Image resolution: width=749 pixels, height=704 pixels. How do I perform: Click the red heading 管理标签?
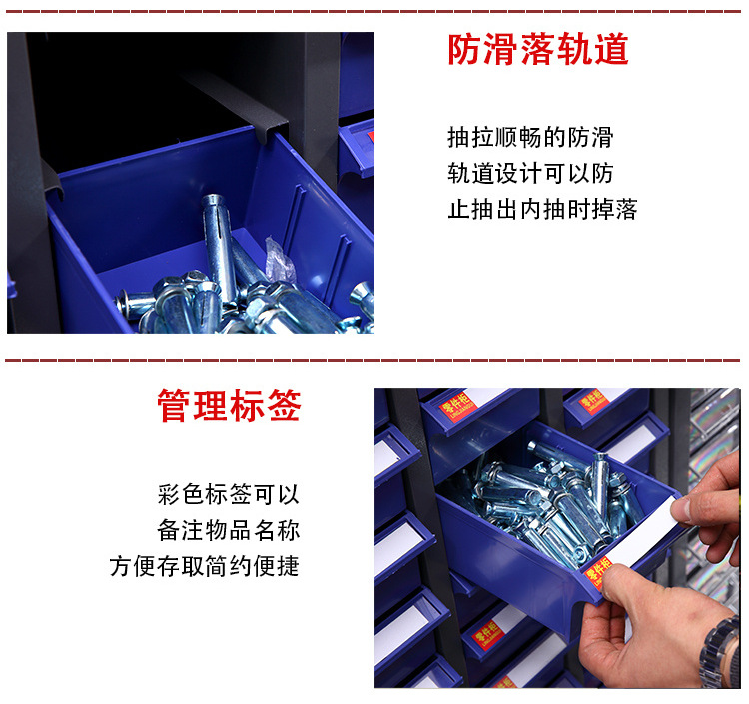click(x=229, y=406)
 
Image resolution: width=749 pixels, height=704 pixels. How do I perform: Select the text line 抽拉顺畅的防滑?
click(x=529, y=137)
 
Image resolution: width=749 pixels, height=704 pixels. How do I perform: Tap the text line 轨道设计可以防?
click(x=529, y=173)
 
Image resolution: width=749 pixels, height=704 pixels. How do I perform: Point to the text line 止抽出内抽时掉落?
click(x=541, y=209)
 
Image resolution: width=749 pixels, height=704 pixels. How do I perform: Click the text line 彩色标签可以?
click(x=228, y=494)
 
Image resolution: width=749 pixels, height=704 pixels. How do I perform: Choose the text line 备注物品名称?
click(x=228, y=530)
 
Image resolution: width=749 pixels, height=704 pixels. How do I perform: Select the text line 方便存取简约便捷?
click(x=204, y=566)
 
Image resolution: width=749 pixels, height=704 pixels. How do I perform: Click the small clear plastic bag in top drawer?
click(x=279, y=263)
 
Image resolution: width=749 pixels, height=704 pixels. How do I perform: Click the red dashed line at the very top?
click(x=374, y=10)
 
